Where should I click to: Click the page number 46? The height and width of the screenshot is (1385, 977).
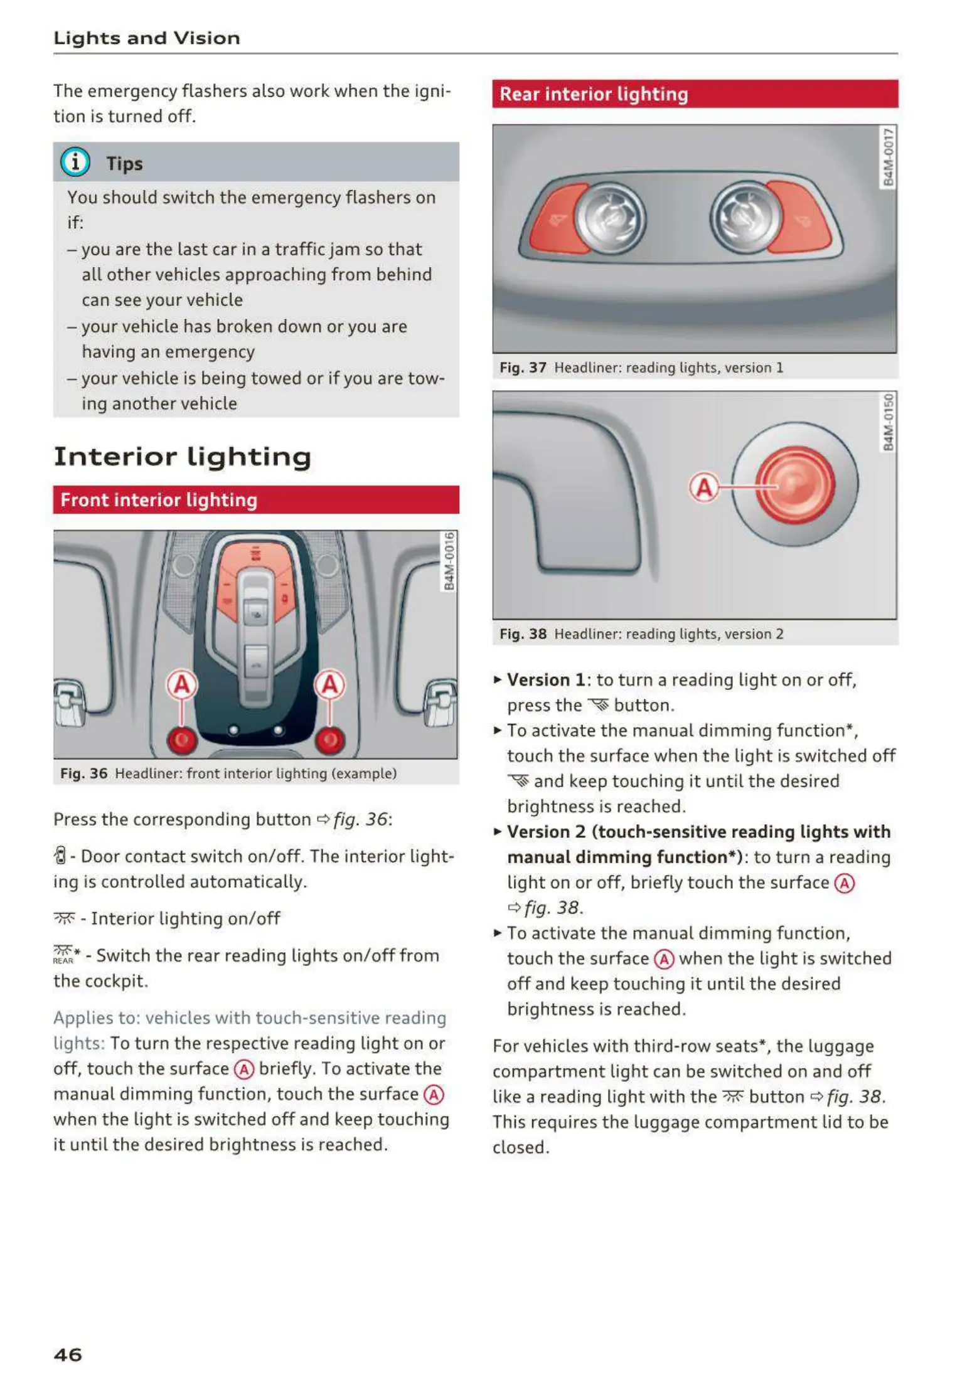[68, 1354]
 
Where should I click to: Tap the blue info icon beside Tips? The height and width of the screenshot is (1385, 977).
[75, 162]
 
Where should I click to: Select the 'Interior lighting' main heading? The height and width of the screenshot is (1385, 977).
[182, 456]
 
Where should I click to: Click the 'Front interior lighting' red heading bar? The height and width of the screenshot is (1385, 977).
[255, 500]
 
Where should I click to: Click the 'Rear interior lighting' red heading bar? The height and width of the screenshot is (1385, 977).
[695, 94]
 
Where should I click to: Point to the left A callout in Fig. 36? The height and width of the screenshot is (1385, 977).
[182, 684]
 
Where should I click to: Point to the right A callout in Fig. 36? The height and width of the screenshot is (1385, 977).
[330, 684]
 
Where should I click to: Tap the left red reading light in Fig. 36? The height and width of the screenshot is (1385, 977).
[182, 740]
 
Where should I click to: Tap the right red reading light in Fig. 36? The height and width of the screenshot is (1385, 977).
[330, 740]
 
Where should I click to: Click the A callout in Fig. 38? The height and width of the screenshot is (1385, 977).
[704, 487]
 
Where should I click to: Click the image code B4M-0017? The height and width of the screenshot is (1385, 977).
[888, 157]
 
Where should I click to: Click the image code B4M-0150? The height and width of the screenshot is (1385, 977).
[888, 422]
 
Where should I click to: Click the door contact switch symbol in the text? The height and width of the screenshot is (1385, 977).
[60, 856]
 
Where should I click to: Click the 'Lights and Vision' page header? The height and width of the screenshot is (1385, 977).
[147, 38]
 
